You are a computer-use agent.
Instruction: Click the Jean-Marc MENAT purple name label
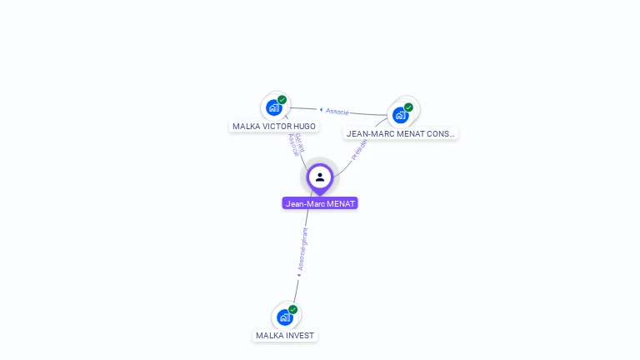click(320, 203)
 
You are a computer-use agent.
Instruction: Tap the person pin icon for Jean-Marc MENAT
click(320, 177)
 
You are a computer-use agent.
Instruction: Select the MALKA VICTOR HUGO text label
click(274, 127)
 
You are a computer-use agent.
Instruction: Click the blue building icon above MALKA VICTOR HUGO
click(273, 107)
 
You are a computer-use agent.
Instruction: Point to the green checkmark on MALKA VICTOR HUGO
click(282, 100)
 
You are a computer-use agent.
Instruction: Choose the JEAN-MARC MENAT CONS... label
click(401, 133)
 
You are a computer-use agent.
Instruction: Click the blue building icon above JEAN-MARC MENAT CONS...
click(400, 115)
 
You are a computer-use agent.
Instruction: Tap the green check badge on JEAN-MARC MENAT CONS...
click(408, 107)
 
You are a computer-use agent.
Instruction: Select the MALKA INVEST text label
click(285, 336)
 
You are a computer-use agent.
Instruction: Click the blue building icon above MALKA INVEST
click(284, 317)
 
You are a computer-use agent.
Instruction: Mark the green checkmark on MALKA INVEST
click(293, 310)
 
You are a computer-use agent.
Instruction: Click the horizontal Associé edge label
click(337, 111)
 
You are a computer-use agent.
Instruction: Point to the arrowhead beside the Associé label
click(321, 109)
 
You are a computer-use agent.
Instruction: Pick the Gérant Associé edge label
click(296, 143)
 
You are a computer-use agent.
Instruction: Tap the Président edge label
click(359, 148)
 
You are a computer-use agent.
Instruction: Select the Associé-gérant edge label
click(303, 247)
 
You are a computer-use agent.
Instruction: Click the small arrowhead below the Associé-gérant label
click(298, 273)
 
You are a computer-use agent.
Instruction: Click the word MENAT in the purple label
click(340, 203)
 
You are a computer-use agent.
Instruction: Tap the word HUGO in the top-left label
click(304, 127)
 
